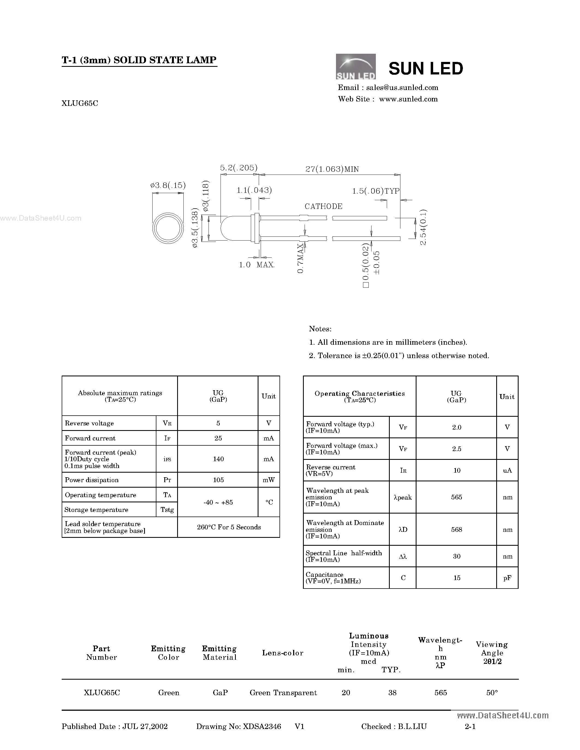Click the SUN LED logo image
pyautogui.click(x=355, y=67)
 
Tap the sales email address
pyautogui.click(x=402, y=88)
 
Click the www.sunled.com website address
pyautogui.click(x=408, y=99)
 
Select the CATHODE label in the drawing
pyautogui.click(x=323, y=206)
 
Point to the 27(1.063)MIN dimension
pyautogui.click(x=332, y=169)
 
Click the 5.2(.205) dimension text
pyautogui.click(x=239, y=168)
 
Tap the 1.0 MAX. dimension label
pyautogui.click(x=256, y=265)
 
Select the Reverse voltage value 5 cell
pyautogui.click(x=218, y=423)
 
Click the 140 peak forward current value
pyautogui.click(x=218, y=459)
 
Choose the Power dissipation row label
pyautogui.click(x=92, y=480)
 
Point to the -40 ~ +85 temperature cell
pyautogui.click(x=218, y=502)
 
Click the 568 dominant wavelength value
pyautogui.click(x=456, y=530)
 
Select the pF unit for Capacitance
pyautogui.click(x=507, y=578)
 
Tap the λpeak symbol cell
pyautogui.click(x=403, y=497)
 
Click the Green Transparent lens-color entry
pyautogui.click(x=283, y=693)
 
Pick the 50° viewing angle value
pyautogui.click(x=492, y=693)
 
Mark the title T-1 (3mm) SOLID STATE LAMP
pyautogui.click(x=139, y=60)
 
